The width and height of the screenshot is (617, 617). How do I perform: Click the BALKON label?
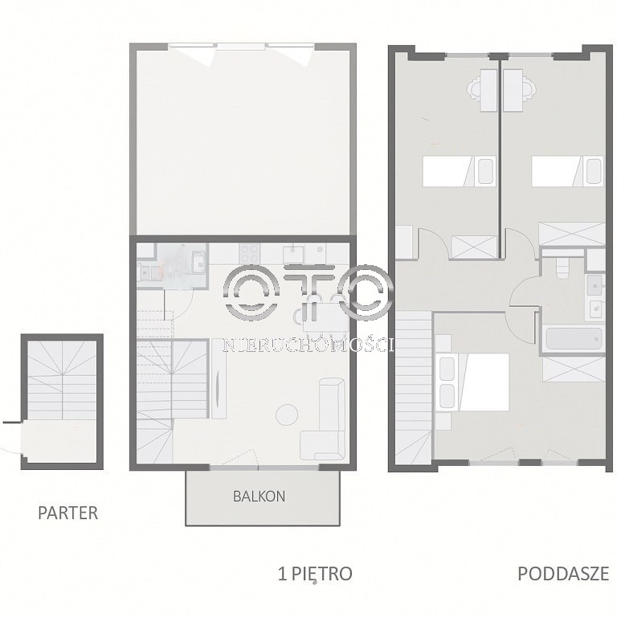[x=259, y=496]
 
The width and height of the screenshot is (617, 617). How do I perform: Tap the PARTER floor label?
[x=67, y=513]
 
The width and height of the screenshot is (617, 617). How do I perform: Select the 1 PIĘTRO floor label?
[x=315, y=574]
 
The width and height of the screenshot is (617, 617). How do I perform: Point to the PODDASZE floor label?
[x=563, y=574]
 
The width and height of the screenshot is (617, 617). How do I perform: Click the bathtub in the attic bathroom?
[x=574, y=339]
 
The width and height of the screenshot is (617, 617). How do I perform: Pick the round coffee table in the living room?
[x=287, y=415]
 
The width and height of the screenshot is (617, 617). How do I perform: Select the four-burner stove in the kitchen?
[x=250, y=254]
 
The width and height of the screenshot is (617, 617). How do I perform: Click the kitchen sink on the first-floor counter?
[x=293, y=254]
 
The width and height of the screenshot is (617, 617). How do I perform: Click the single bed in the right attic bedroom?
[x=567, y=171]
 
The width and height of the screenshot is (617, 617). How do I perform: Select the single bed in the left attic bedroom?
[x=460, y=171]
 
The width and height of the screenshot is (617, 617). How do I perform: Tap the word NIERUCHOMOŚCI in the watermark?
[x=308, y=345]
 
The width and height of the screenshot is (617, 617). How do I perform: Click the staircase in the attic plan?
[x=414, y=386]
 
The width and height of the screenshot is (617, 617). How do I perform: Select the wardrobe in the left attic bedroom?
[x=474, y=247]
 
